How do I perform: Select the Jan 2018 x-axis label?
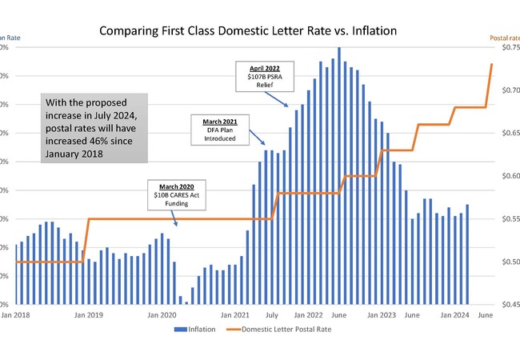(x=16, y=315)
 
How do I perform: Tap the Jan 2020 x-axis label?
(x=162, y=315)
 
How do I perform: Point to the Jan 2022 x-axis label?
(x=308, y=315)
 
